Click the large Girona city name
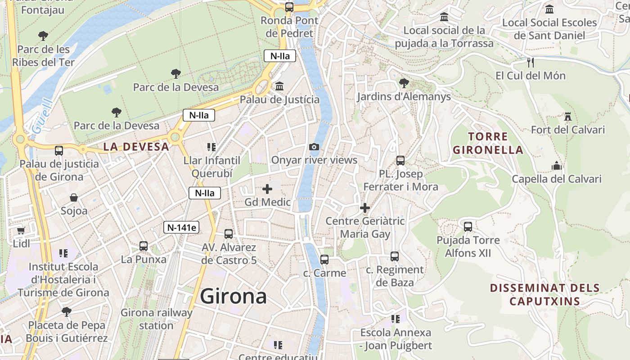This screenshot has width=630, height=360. click(233, 297)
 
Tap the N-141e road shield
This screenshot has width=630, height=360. click(181, 227)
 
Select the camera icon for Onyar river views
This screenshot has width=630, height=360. click(314, 147)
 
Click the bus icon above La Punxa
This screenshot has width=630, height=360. click(144, 246)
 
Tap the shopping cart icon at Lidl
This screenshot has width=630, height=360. click(21, 230)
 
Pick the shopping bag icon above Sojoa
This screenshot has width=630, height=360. click(74, 198)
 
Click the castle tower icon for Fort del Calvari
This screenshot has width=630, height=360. click(568, 117)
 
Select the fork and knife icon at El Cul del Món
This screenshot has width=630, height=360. click(531, 62)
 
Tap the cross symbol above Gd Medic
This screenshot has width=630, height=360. click(267, 189)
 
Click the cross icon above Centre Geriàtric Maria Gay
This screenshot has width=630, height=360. click(365, 208)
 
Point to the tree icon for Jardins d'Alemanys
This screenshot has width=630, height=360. click(404, 83)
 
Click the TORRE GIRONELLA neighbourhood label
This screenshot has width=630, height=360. click(488, 143)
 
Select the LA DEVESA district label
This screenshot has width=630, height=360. click(136, 146)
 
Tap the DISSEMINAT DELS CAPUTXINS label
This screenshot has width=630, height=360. click(544, 294)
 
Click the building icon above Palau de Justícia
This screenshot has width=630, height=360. click(279, 86)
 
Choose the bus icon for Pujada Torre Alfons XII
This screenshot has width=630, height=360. click(468, 226)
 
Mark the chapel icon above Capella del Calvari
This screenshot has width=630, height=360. click(557, 166)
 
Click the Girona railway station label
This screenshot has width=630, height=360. click(156, 319)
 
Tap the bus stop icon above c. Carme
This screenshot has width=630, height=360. click(324, 259)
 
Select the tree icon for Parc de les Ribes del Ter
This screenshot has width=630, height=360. click(43, 36)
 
